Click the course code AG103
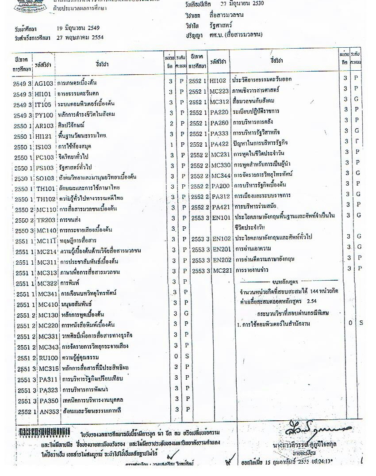pos(44,83)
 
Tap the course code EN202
pos(222,259)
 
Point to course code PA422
pos(220,143)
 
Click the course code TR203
pos(45,220)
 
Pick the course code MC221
pos(223,270)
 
